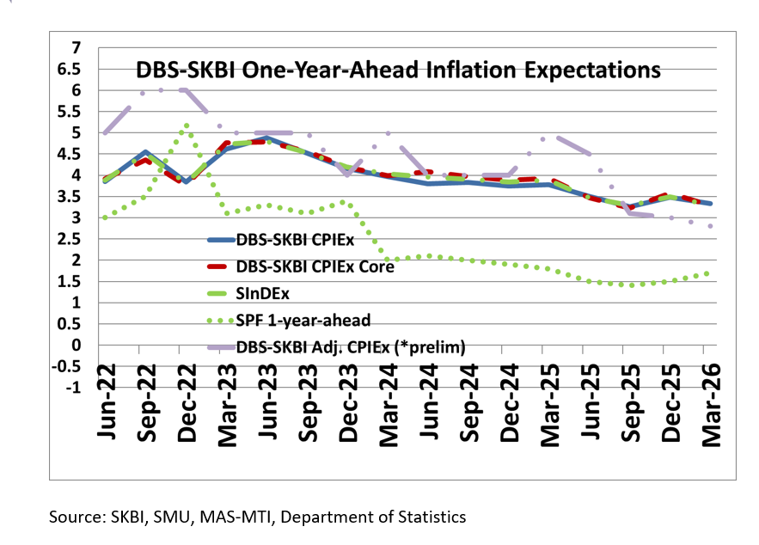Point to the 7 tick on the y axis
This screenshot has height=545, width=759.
77,47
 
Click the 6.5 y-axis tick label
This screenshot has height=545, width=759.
70,69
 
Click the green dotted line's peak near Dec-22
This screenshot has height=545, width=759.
187,126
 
